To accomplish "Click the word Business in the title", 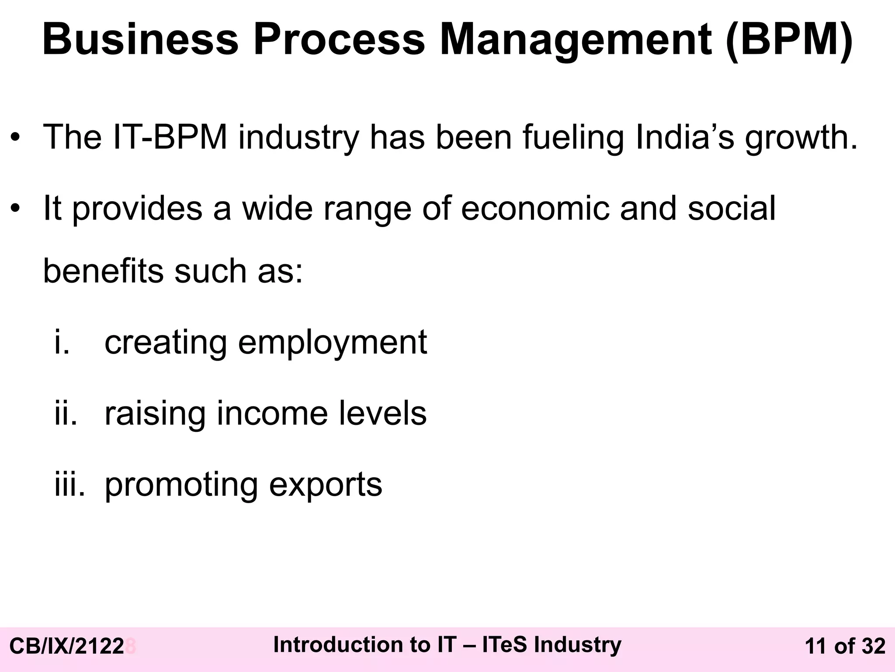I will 140,40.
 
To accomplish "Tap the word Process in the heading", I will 339,40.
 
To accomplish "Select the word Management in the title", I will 576,40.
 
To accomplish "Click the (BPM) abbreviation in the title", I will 789,40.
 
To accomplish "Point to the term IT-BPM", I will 170,137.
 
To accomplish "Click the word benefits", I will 103,271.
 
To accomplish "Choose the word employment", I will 332,343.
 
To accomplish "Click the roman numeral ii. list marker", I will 66,413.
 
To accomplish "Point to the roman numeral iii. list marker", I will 69,484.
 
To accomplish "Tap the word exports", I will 326,485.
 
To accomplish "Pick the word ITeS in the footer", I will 505,645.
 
